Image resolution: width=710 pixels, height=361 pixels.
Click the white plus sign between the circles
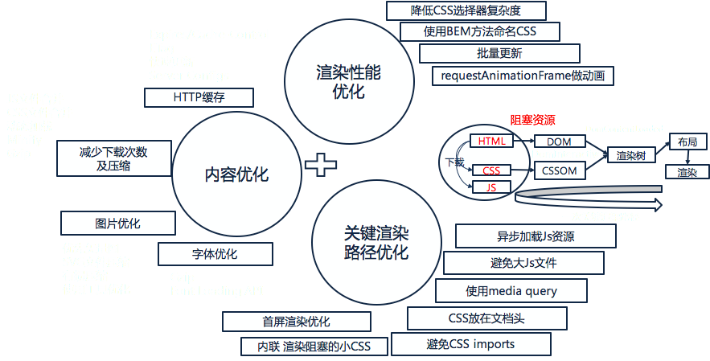[x=321, y=165]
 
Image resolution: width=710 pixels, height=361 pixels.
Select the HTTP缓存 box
[x=199, y=97]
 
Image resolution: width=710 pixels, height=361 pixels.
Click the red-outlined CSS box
[x=491, y=170]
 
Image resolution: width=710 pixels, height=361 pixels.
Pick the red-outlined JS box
[x=490, y=187]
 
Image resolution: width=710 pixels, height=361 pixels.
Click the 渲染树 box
[x=629, y=155]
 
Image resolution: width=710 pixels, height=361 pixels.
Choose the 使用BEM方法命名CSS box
[x=479, y=33]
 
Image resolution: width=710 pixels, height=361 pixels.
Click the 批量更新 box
[x=499, y=54]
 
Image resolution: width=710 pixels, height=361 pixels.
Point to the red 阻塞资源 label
[x=532, y=120]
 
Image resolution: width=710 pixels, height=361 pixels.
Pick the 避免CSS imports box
[x=470, y=344]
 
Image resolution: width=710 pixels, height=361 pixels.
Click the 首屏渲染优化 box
[x=296, y=322]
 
